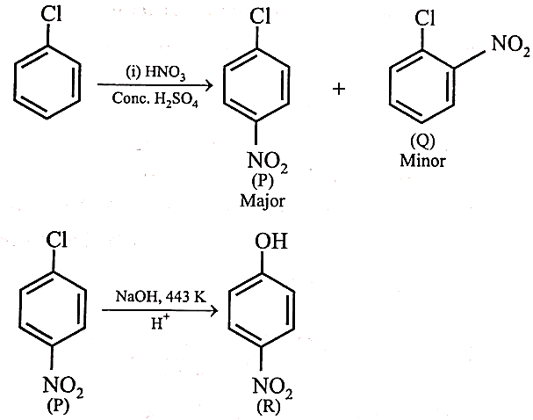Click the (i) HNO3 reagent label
155,72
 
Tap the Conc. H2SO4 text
155,99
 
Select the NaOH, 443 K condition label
161,297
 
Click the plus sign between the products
339,90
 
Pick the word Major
262,200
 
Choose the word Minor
422,161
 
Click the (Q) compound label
422,141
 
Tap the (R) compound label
269,406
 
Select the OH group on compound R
271,241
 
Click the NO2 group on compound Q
510,45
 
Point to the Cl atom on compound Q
425,18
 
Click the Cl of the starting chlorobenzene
51,15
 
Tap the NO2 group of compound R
272,387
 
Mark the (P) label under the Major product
262,182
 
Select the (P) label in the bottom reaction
58,405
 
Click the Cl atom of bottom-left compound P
57,239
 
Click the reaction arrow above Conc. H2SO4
155,84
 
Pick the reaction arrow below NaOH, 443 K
160,310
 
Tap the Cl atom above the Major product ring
260,16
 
